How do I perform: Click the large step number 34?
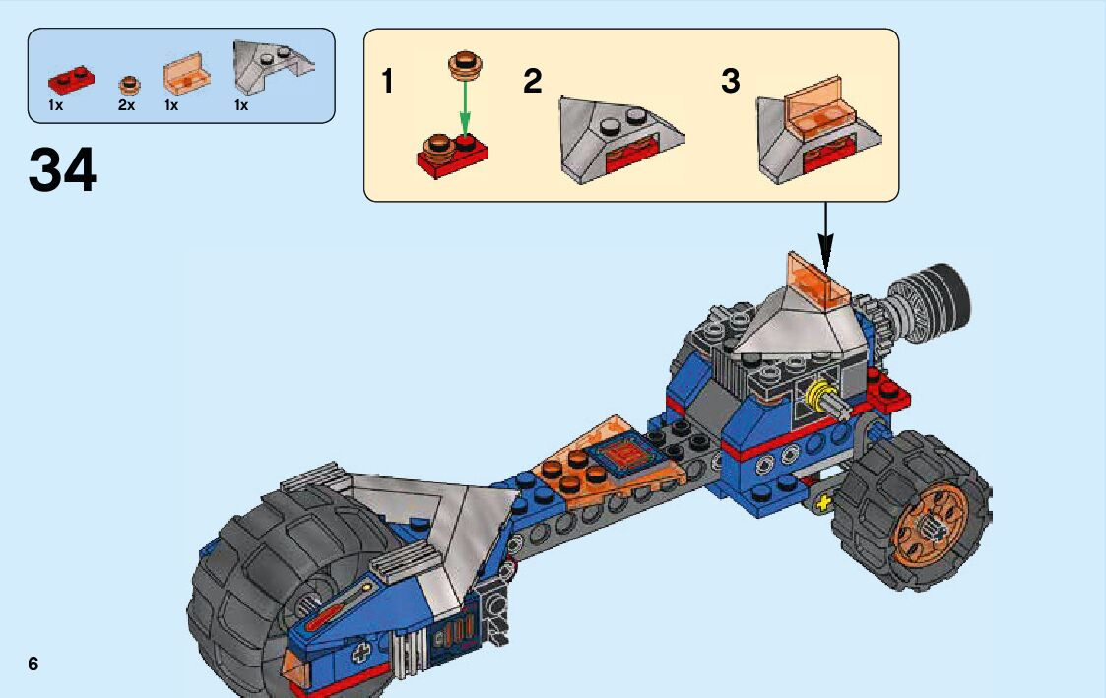63,169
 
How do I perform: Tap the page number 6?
33,664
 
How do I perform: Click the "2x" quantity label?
126,104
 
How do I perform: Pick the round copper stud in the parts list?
128,85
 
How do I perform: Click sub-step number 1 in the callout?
388,82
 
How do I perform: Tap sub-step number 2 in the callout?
533,82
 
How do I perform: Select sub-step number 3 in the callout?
730,82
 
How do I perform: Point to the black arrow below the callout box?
825,238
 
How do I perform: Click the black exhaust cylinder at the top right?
941,292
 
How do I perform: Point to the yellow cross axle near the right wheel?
821,504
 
